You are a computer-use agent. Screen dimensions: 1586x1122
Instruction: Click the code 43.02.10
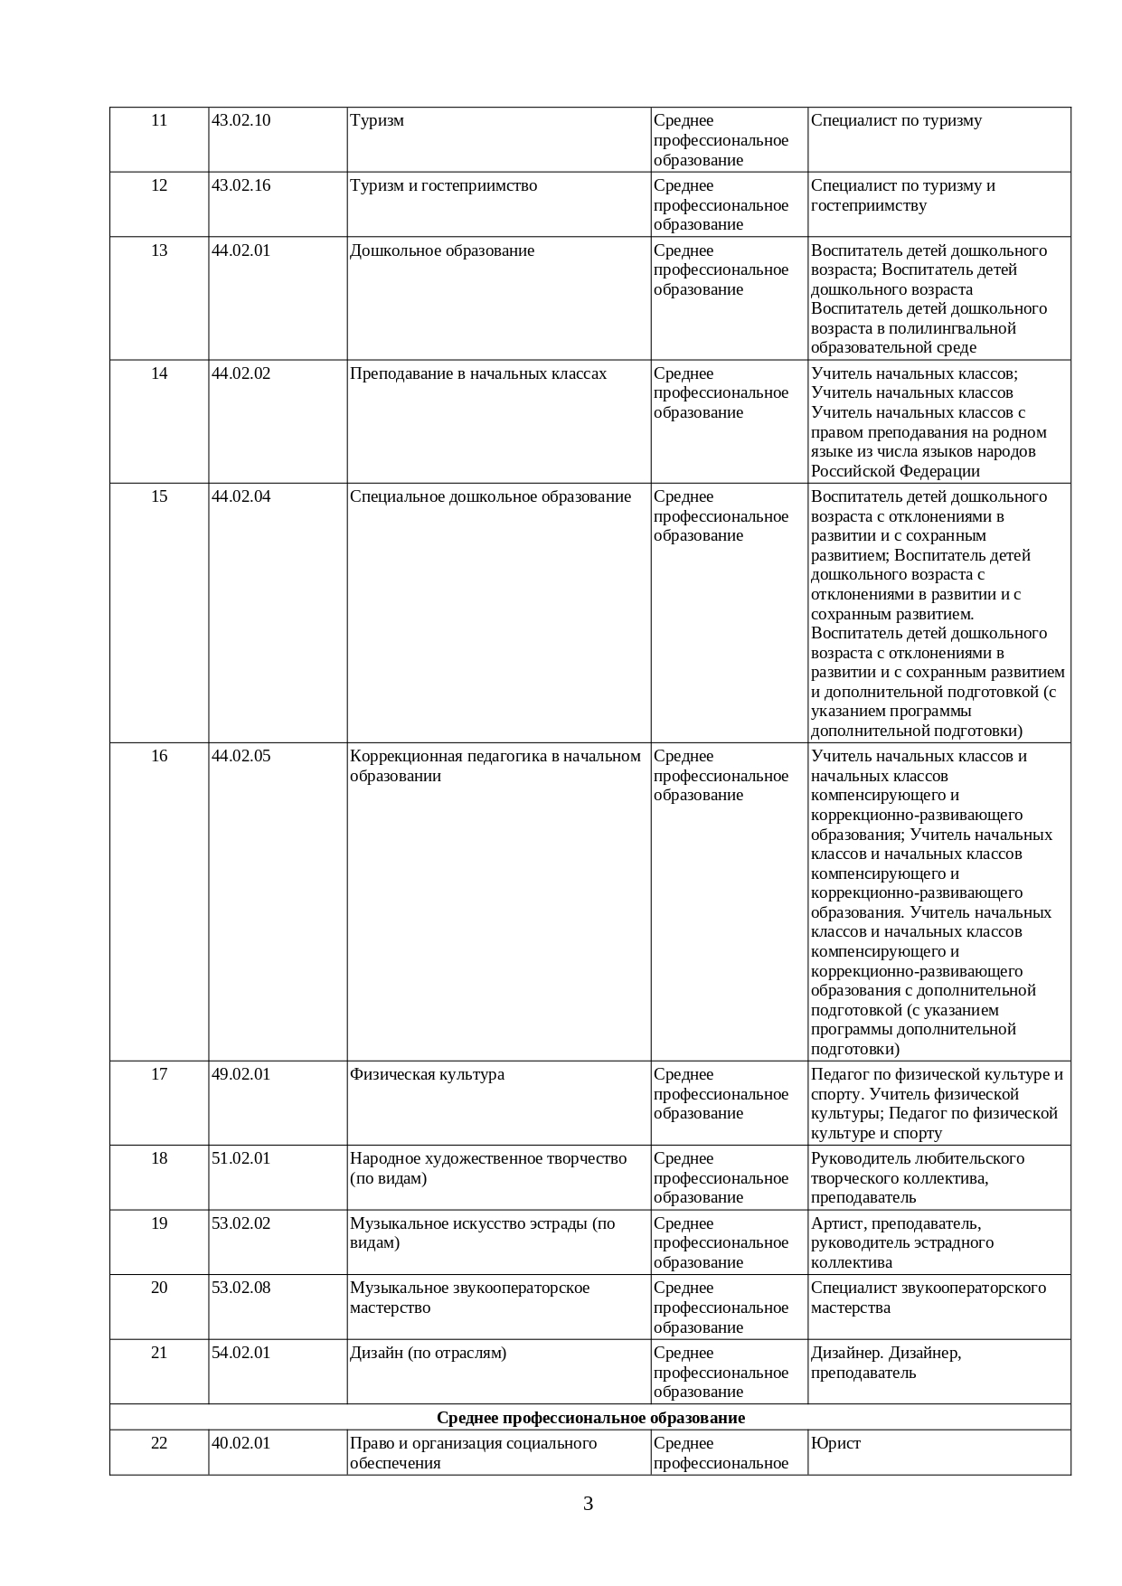240,121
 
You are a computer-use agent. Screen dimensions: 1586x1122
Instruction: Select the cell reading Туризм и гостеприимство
443,186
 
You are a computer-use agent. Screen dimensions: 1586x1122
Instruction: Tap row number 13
159,251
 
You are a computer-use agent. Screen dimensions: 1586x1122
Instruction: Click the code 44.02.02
240,374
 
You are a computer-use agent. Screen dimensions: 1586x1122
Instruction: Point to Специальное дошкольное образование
490,497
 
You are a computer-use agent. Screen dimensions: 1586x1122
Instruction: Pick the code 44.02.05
240,757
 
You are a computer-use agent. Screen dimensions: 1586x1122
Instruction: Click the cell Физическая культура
427,1075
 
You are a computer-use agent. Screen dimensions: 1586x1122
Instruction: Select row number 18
159,1159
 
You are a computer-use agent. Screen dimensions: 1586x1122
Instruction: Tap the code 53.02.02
240,1224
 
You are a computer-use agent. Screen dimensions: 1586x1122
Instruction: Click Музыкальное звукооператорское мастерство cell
469,1298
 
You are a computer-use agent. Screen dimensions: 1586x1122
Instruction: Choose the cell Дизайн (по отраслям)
428,1354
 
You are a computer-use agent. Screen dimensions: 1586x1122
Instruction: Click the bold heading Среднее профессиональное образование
590,1418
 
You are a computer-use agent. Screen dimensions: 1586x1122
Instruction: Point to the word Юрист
835,1443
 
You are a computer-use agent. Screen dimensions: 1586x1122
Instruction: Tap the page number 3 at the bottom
588,1505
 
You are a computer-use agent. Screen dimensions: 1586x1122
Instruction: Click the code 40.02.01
240,1443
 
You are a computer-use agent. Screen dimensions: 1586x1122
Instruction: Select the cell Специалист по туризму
896,121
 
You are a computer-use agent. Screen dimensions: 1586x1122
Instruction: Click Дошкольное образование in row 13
442,251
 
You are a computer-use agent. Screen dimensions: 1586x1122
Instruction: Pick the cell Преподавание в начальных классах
478,374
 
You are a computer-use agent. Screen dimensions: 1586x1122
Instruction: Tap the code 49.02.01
240,1075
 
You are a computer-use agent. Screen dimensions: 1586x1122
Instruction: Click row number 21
159,1354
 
